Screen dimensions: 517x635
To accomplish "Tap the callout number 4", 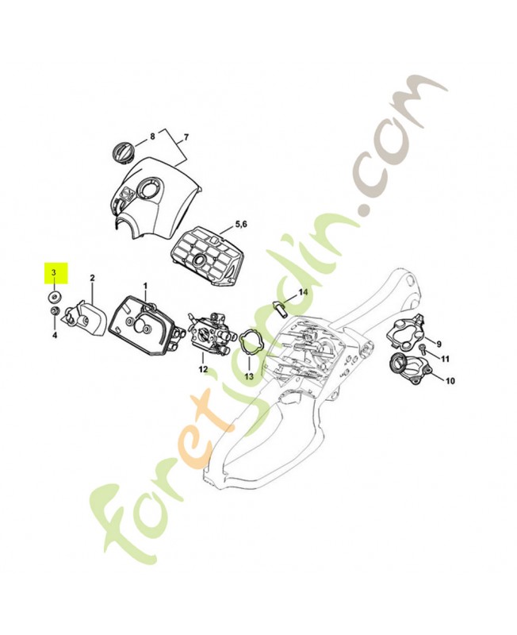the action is pyautogui.click(x=55, y=335).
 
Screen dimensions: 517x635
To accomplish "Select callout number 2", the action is pyautogui.click(x=92, y=278).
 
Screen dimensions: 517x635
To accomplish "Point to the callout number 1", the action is pyautogui.click(x=145, y=287).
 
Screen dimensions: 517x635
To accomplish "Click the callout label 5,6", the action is pyautogui.click(x=241, y=225).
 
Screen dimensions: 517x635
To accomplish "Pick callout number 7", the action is pyautogui.click(x=186, y=137).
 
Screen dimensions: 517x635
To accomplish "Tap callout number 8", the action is pyautogui.click(x=152, y=137).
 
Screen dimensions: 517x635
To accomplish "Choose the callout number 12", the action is pyautogui.click(x=203, y=369).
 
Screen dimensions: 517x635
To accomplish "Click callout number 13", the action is pyautogui.click(x=249, y=376).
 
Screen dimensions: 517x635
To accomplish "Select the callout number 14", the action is pyautogui.click(x=303, y=292).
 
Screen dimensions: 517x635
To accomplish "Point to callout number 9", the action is pyautogui.click(x=439, y=344).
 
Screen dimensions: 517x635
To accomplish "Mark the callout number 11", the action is pyautogui.click(x=445, y=359).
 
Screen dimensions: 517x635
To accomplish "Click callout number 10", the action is pyautogui.click(x=450, y=381).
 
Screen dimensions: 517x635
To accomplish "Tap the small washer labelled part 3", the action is pyautogui.click(x=54, y=296).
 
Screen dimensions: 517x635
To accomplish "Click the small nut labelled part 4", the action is pyautogui.click(x=53, y=311).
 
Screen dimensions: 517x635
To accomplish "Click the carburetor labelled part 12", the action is pyautogui.click(x=211, y=332).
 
